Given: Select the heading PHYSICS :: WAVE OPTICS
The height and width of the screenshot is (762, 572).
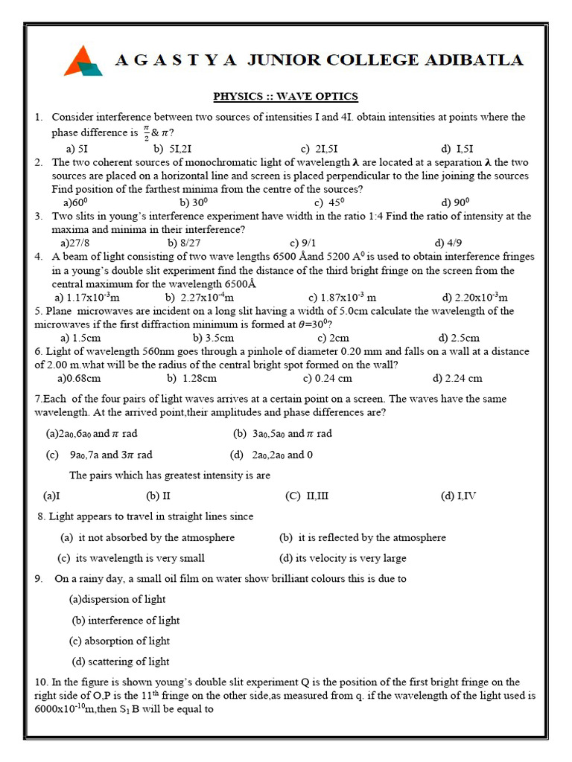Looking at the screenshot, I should click(285, 96).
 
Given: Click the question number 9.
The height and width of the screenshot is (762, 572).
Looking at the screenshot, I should click(38, 578).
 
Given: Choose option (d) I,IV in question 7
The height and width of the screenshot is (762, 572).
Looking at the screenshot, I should click(458, 496).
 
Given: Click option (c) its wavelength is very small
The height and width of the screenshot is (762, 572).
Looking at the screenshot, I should click(131, 558).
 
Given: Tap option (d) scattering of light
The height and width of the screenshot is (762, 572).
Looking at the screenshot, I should click(121, 662).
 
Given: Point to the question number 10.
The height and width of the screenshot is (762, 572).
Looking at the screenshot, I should click(41, 682).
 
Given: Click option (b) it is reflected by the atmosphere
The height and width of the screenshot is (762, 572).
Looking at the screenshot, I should click(363, 537).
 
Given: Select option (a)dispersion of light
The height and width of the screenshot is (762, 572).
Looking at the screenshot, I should click(117, 599).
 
